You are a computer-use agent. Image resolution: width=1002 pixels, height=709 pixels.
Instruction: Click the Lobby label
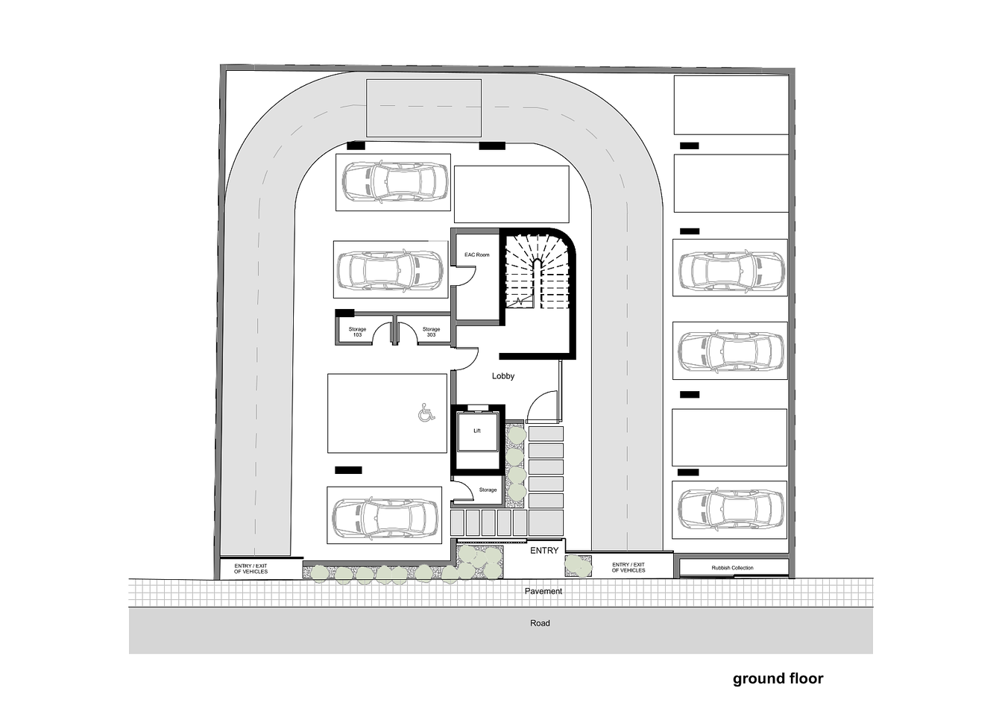502,376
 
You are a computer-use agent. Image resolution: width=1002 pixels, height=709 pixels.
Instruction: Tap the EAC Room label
477,254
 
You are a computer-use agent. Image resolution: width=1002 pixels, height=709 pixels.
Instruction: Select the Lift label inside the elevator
477,431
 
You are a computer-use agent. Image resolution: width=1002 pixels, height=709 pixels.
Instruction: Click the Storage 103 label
357,332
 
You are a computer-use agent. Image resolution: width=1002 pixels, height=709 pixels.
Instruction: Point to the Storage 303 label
431,332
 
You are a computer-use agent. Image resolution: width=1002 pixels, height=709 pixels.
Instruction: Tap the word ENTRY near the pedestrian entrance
544,551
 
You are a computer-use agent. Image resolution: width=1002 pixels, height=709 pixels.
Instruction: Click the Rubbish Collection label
732,568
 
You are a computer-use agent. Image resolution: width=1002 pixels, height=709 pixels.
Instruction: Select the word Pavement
543,591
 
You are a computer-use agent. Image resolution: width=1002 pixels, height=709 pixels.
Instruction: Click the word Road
540,623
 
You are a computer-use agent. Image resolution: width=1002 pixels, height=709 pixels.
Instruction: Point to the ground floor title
778,679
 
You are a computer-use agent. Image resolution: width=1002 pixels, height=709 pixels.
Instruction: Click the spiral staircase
537,272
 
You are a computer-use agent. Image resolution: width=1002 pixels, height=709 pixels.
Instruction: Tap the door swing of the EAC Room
466,275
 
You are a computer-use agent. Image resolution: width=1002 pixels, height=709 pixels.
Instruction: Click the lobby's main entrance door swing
542,406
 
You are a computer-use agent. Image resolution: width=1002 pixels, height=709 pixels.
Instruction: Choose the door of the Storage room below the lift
464,490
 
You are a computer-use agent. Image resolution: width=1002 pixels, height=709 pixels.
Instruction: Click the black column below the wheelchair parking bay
348,470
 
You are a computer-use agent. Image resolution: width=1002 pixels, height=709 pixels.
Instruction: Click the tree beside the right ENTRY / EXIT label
579,566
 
